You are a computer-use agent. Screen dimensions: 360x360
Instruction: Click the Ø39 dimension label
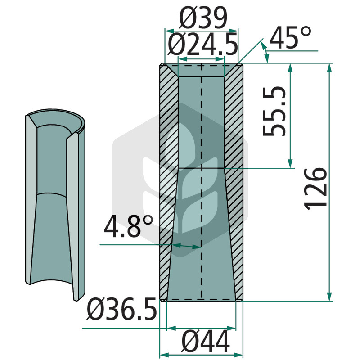[x=203, y=18]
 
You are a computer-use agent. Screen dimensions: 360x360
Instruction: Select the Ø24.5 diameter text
[x=202, y=45]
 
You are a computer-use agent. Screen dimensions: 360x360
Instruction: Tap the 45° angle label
[x=290, y=37]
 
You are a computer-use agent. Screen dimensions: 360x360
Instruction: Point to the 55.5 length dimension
[x=274, y=111]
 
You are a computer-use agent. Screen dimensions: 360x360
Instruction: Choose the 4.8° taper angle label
[x=128, y=226]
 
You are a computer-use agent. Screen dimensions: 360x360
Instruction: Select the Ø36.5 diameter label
[x=121, y=309]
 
